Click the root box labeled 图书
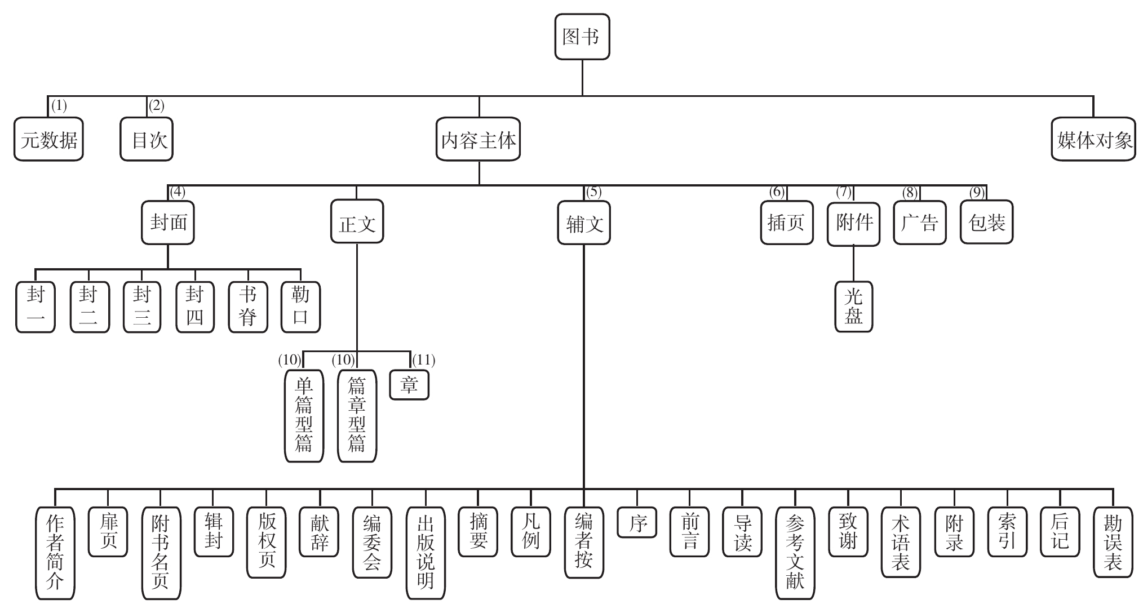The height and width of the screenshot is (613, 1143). coord(582,37)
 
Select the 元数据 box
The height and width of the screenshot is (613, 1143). coord(48,140)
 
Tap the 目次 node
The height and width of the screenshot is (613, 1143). coord(147,140)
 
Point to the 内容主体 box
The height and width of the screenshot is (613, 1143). coord(478,140)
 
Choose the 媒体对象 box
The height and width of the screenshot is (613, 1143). coord(1093,140)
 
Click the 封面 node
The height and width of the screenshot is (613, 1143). coord(168,223)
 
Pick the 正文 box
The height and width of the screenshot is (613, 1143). coord(357,223)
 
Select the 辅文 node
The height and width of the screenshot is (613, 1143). coord(584,223)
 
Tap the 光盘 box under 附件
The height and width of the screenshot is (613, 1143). coord(853,306)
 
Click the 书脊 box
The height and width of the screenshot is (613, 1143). coord(248,306)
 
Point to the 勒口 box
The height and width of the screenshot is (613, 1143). coord(301,306)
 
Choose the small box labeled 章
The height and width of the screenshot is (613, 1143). coord(409,385)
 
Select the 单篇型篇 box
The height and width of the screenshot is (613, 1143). coord(304,416)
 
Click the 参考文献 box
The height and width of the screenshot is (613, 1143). coord(795,553)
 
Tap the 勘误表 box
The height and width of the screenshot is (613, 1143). coord(1113,542)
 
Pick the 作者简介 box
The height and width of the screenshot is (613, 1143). coord(55,553)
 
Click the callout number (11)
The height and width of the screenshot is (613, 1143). coord(424,360)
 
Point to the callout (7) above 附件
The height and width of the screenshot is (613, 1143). coord(843,192)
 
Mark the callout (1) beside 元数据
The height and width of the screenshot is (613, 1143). coord(59,105)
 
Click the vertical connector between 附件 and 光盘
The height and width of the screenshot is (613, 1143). coord(853,264)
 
